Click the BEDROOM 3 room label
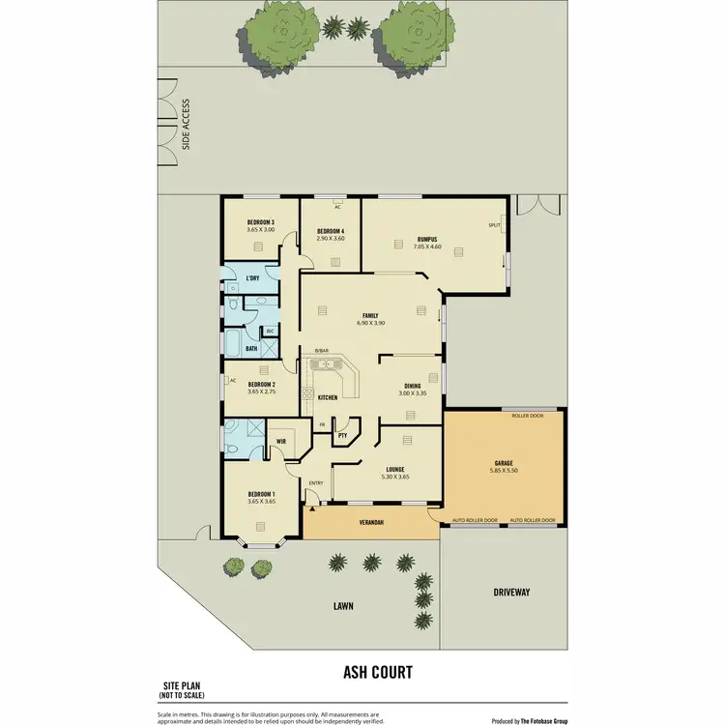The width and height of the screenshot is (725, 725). (260, 222)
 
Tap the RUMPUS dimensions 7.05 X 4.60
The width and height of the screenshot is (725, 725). (427, 247)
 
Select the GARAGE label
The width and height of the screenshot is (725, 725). (504, 463)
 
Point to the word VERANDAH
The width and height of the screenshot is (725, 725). (373, 523)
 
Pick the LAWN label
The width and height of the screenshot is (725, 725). (344, 606)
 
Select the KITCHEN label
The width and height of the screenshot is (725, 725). (328, 398)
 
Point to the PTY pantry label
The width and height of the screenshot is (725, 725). (342, 436)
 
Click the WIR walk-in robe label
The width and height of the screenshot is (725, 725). (280, 442)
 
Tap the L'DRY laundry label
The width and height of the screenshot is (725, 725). (252, 279)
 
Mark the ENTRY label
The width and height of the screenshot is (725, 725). (315, 483)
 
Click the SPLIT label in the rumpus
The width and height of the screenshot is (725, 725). (494, 225)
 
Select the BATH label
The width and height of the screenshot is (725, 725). (250, 348)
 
